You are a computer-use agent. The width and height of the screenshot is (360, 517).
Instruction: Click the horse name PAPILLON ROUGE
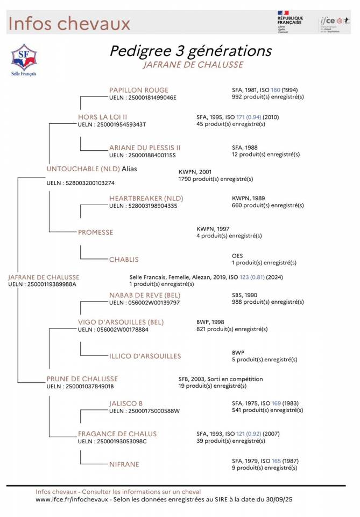pos(138,90)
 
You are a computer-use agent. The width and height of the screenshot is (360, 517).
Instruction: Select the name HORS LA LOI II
pos(102,116)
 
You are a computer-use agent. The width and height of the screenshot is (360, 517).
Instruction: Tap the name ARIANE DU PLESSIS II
pos(145,148)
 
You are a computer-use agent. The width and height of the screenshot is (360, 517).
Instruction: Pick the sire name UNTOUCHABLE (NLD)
pos(83,169)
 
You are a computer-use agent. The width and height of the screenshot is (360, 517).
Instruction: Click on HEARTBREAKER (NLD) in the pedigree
pos(146,198)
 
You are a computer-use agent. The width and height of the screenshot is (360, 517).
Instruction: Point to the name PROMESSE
pos(95,232)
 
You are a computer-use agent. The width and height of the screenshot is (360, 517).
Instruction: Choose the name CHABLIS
pos(124,259)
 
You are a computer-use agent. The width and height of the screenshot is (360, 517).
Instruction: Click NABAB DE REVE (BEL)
pos(144,295)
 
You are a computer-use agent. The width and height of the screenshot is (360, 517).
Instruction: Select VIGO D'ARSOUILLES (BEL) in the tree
pos(121,322)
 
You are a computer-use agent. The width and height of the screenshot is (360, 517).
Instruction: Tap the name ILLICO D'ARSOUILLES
pos(145,356)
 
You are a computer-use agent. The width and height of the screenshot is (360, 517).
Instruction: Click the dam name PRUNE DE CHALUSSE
pos(82,379)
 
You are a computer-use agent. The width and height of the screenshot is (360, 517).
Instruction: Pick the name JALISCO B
pos(126,403)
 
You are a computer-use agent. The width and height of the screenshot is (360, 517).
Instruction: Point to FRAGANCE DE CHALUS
pos(117,434)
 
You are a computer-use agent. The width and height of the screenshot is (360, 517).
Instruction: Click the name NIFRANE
pos(124,464)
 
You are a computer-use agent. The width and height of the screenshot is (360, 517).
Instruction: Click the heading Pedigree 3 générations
pos(190,51)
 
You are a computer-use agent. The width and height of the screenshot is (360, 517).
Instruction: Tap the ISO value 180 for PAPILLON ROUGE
pos(276,90)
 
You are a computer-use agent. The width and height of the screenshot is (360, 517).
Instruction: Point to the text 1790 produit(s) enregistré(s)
pos(215,179)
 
